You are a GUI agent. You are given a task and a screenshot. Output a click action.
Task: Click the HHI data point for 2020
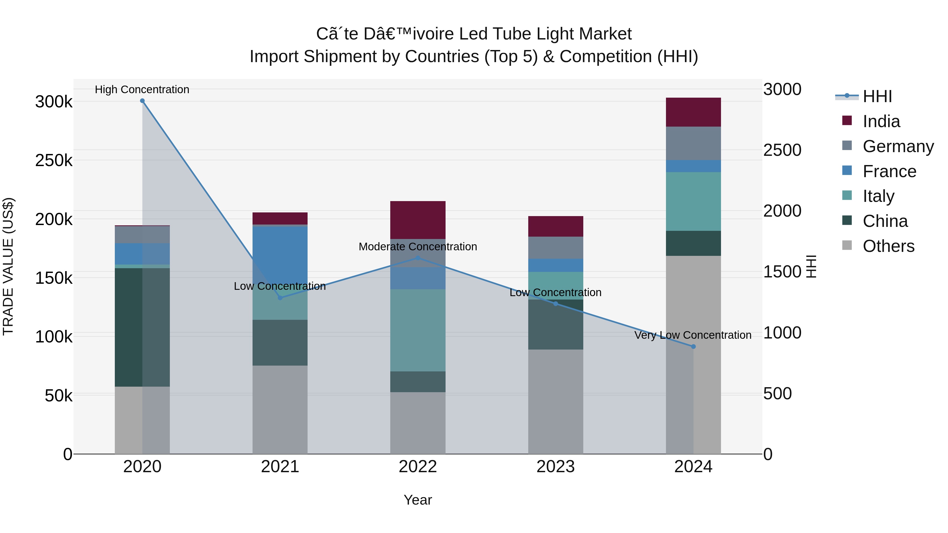coord(142,101)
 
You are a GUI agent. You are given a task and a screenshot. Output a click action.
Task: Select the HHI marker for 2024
coord(693,346)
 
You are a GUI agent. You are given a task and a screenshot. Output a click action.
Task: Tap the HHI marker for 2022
coord(418,258)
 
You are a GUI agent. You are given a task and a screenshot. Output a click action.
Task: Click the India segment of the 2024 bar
coord(693,112)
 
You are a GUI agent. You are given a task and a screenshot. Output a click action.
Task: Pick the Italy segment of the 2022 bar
coord(418,330)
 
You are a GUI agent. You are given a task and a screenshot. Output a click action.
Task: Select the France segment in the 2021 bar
coord(280,254)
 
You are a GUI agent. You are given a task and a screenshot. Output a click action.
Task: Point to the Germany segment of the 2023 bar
coord(556,248)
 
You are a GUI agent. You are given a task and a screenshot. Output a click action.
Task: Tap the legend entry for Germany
coord(898,146)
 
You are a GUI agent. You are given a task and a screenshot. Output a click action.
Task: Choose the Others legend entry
coord(888,246)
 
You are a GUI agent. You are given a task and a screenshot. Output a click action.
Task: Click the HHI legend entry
coord(877,96)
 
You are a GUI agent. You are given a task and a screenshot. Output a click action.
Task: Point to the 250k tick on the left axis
coord(54,160)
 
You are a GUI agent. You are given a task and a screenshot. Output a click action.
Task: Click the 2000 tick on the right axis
coord(782,211)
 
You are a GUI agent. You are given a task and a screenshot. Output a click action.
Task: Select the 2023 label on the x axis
coord(556,467)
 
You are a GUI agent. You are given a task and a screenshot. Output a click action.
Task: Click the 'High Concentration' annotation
coord(142,89)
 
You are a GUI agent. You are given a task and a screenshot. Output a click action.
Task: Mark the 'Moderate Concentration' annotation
coord(418,246)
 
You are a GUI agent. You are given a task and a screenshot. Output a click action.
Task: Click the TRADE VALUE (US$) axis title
coord(8,266)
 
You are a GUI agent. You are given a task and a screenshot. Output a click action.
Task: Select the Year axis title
coord(418,500)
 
